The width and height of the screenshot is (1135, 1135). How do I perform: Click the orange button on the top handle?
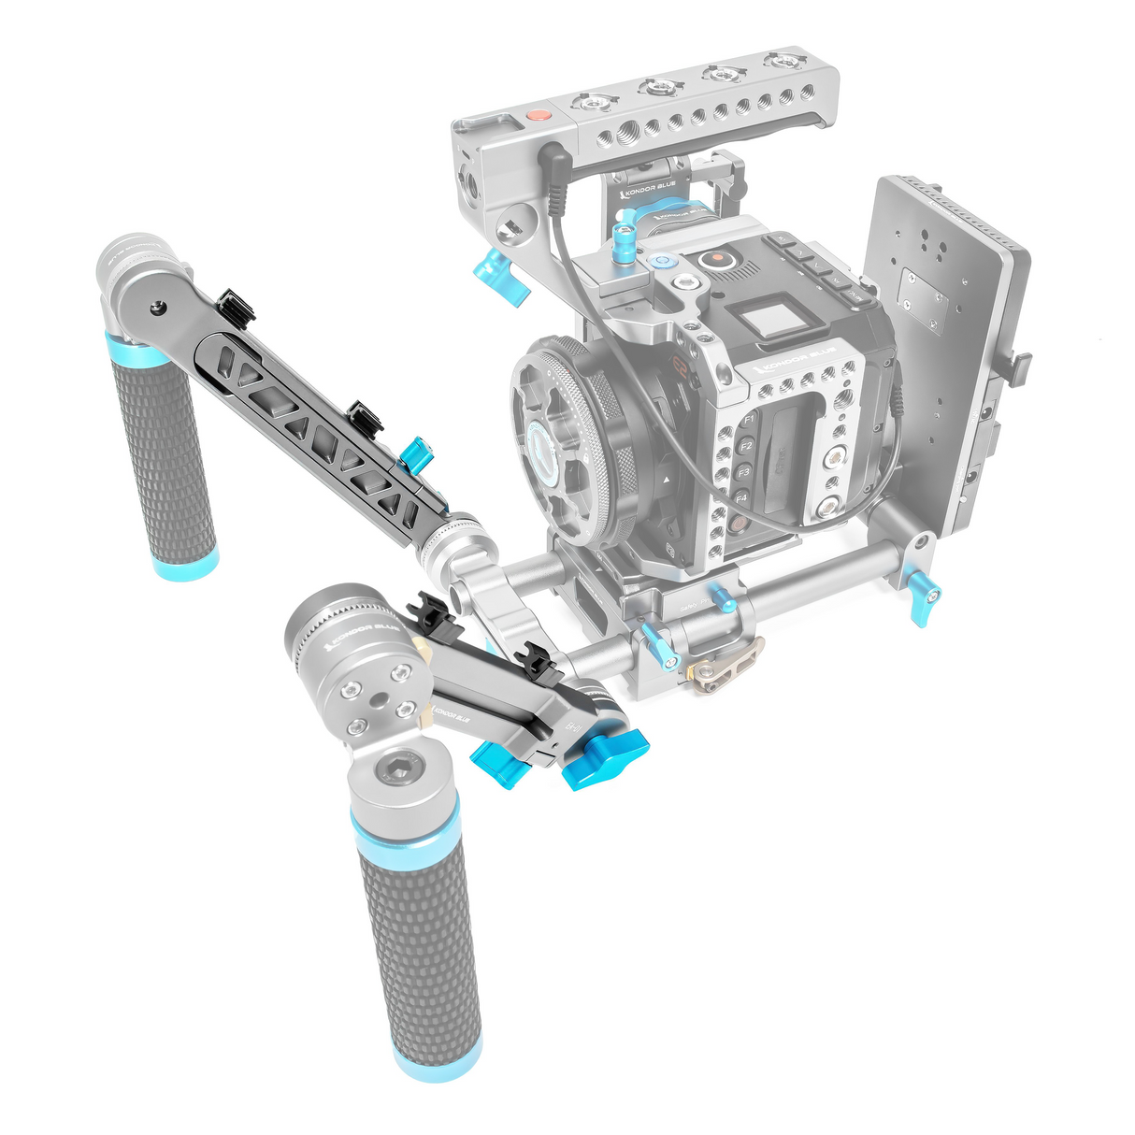click(x=537, y=117)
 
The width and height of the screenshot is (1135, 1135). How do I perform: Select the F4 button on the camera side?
click(x=741, y=499)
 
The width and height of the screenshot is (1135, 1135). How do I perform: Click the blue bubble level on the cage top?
click(x=663, y=263)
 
